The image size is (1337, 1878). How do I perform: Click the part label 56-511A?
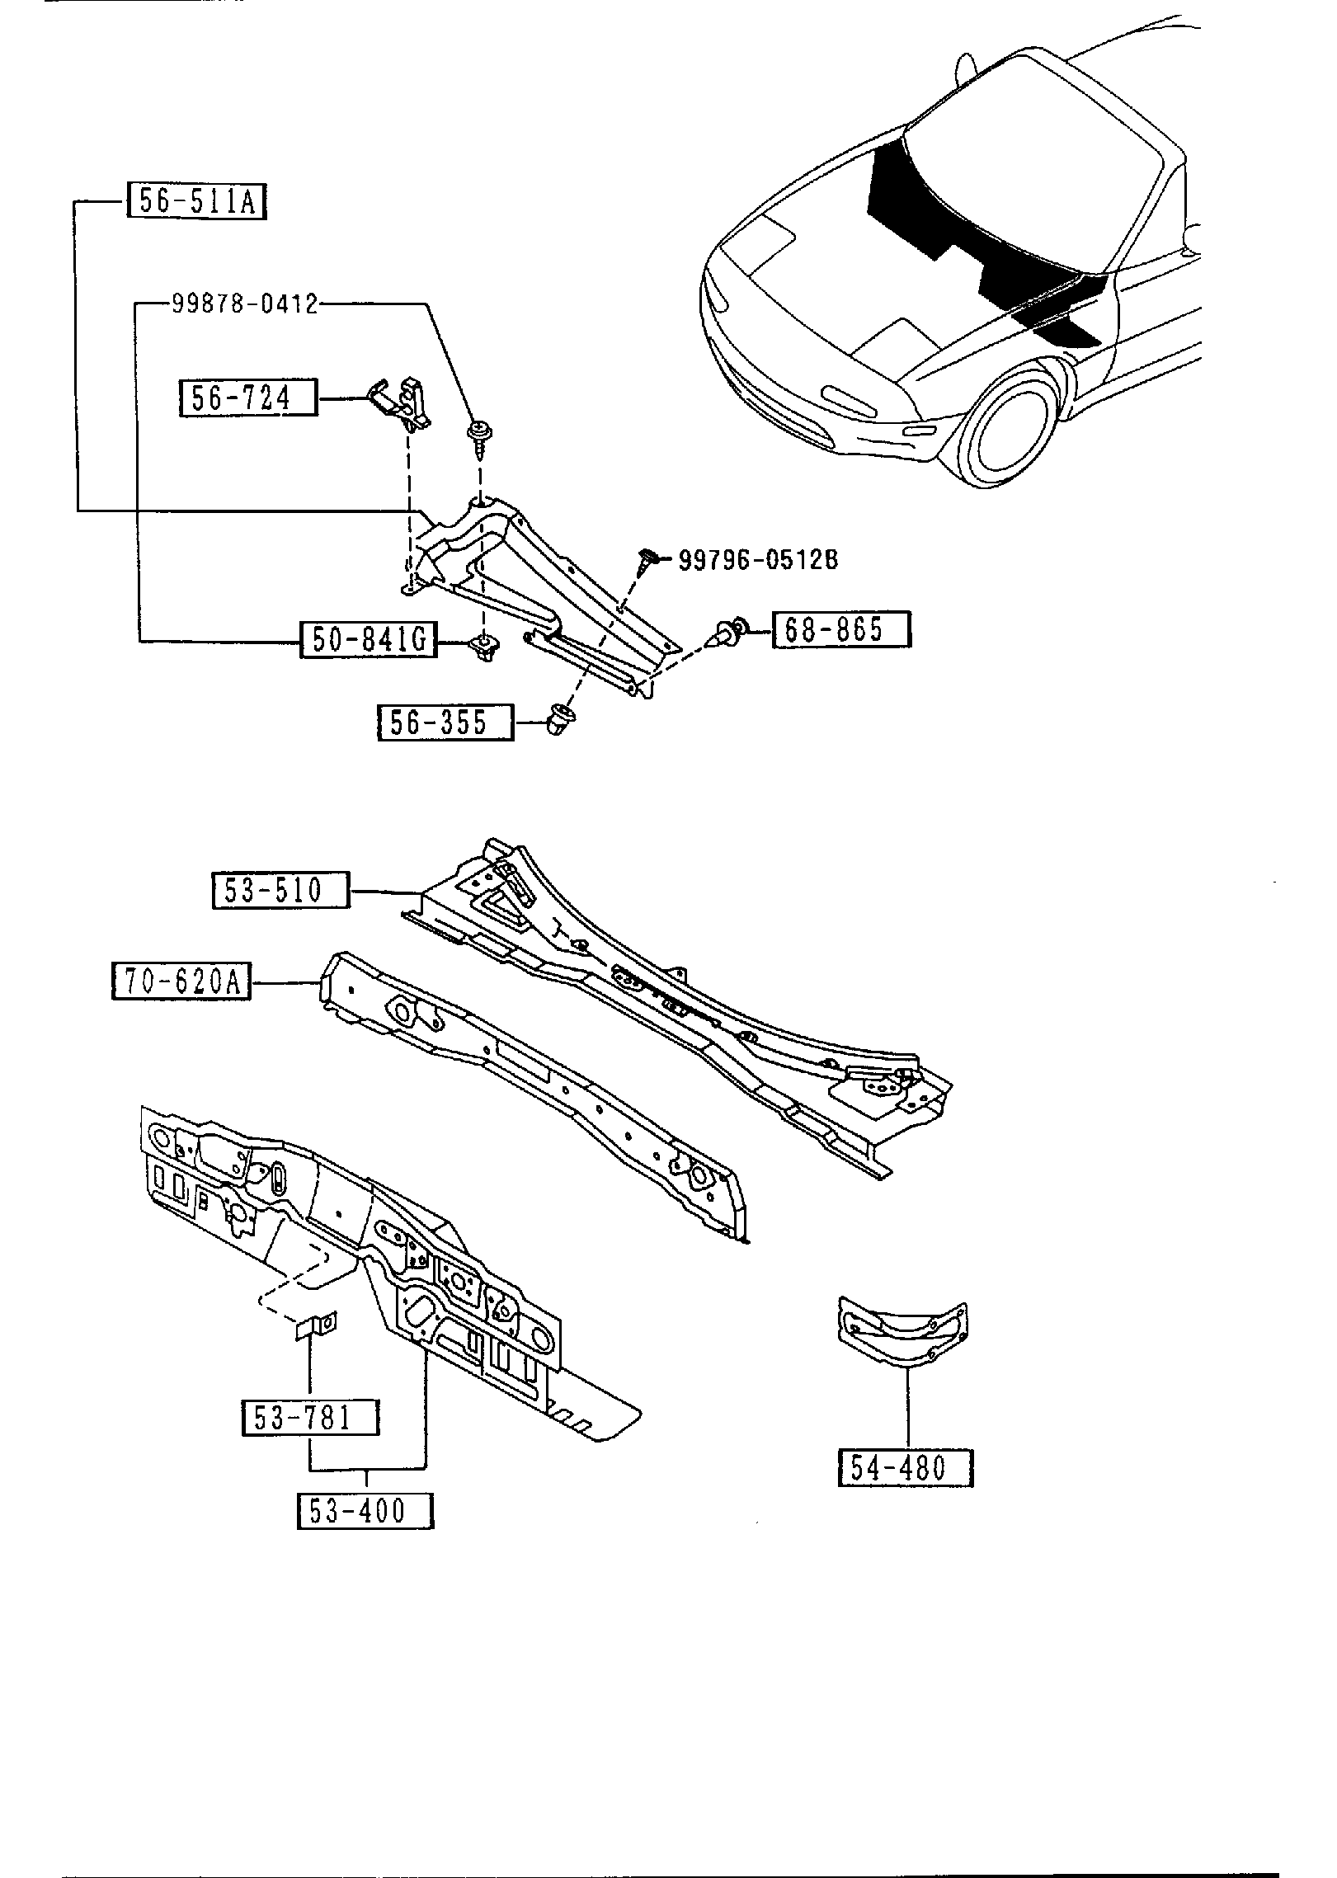(197, 200)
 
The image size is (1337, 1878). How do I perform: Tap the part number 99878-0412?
(245, 304)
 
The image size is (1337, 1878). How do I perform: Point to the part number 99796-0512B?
(758, 560)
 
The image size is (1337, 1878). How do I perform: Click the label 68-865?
(840, 629)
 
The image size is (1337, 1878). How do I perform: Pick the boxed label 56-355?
(445, 722)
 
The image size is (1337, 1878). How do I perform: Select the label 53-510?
(280, 890)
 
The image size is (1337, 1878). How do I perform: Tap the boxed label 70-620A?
(181, 982)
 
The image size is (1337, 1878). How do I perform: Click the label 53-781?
(310, 1417)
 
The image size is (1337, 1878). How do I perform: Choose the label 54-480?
(906, 1468)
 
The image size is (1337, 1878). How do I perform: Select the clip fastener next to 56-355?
(562, 720)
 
